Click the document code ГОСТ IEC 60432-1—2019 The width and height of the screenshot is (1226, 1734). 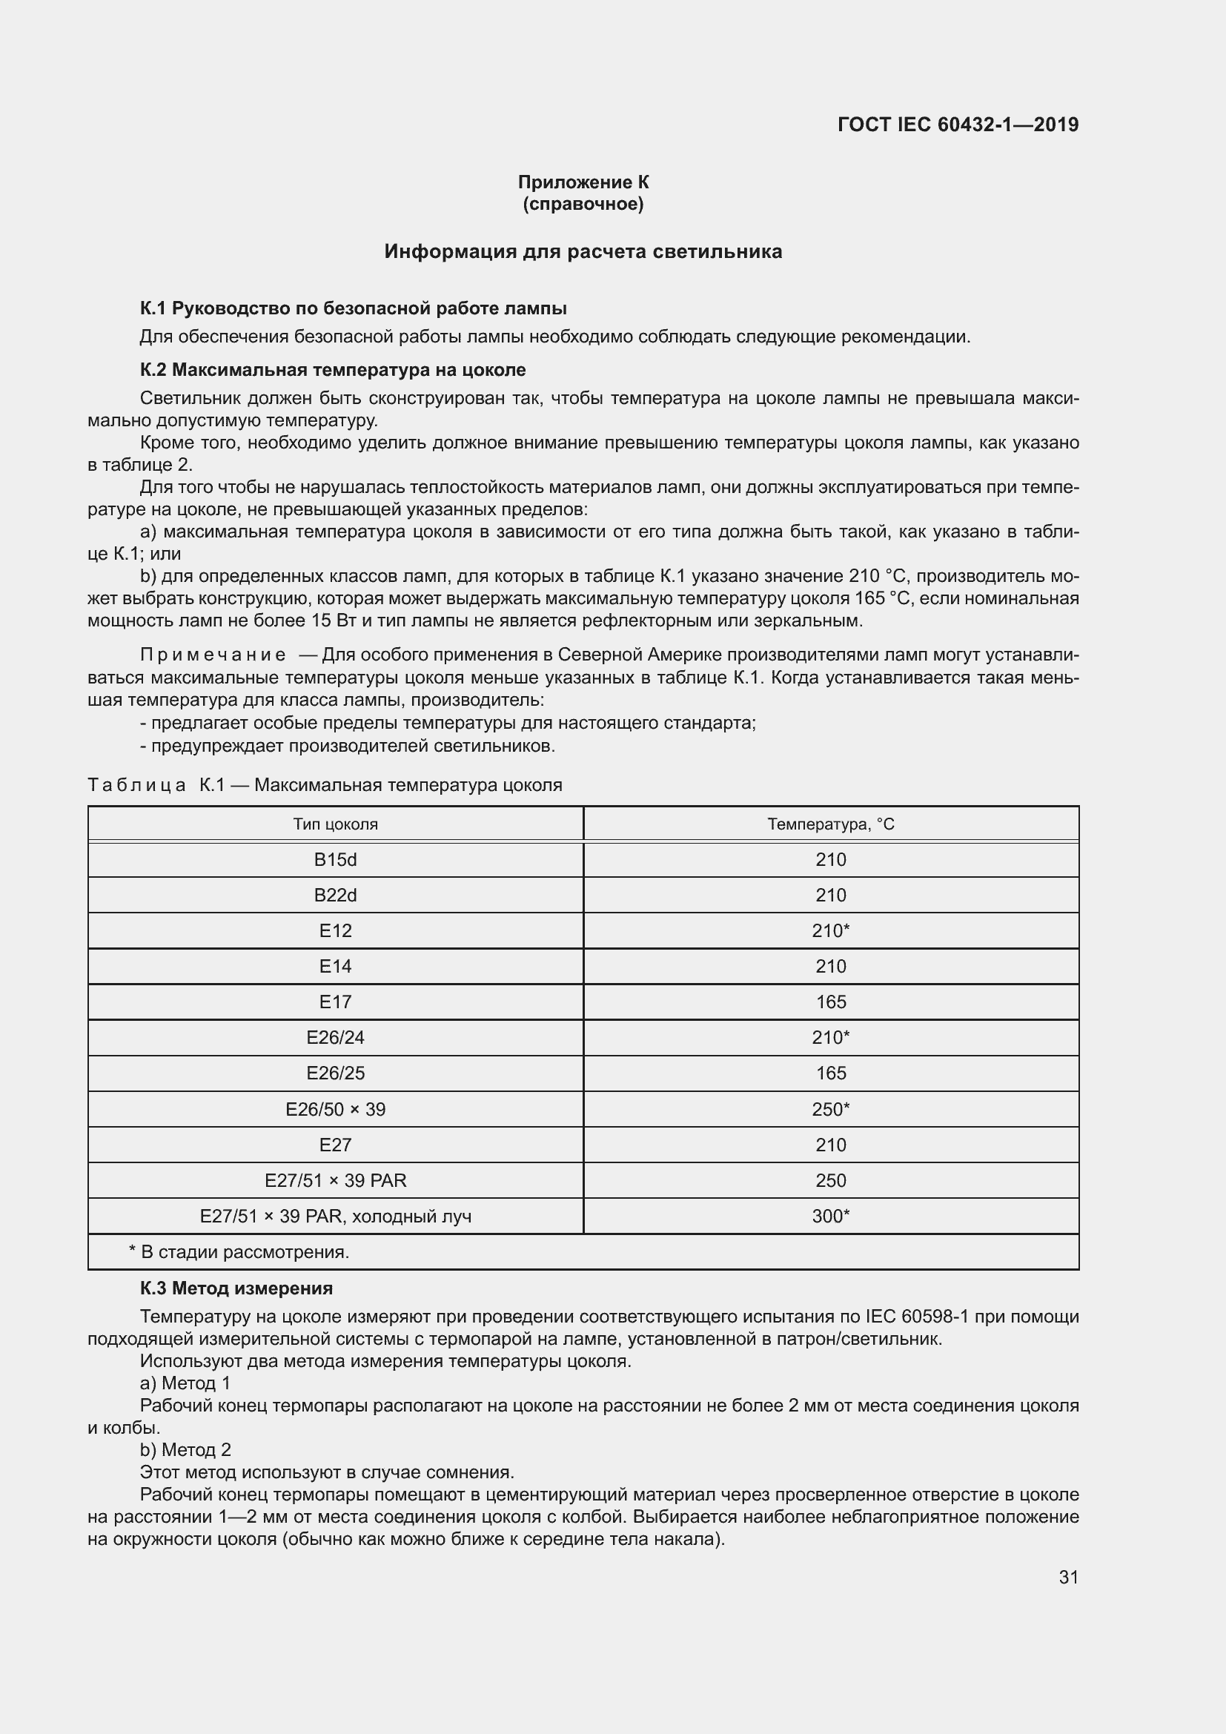click(957, 125)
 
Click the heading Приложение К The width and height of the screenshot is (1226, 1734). click(583, 182)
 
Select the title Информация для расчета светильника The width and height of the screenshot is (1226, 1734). click(583, 251)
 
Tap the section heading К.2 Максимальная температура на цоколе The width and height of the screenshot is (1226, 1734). click(333, 370)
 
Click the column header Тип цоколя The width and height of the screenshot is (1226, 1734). click(335, 824)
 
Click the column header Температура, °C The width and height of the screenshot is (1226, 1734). click(830, 824)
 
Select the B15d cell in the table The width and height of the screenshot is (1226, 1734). click(335, 859)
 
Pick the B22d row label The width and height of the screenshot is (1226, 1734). click(335, 895)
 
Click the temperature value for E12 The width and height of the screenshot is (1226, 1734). click(830, 930)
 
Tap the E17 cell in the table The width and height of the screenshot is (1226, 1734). click(335, 1002)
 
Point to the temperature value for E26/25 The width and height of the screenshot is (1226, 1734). click(830, 1073)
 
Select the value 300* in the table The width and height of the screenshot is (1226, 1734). click(830, 1216)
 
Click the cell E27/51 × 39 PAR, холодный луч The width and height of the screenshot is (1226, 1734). click(335, 1216)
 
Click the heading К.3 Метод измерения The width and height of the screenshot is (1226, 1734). click(236, 1288)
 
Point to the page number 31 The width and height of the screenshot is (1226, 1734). click(1068, 1577)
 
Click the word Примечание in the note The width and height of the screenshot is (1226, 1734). click(213, 655)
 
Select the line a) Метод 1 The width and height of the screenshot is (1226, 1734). click(185, 1383)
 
